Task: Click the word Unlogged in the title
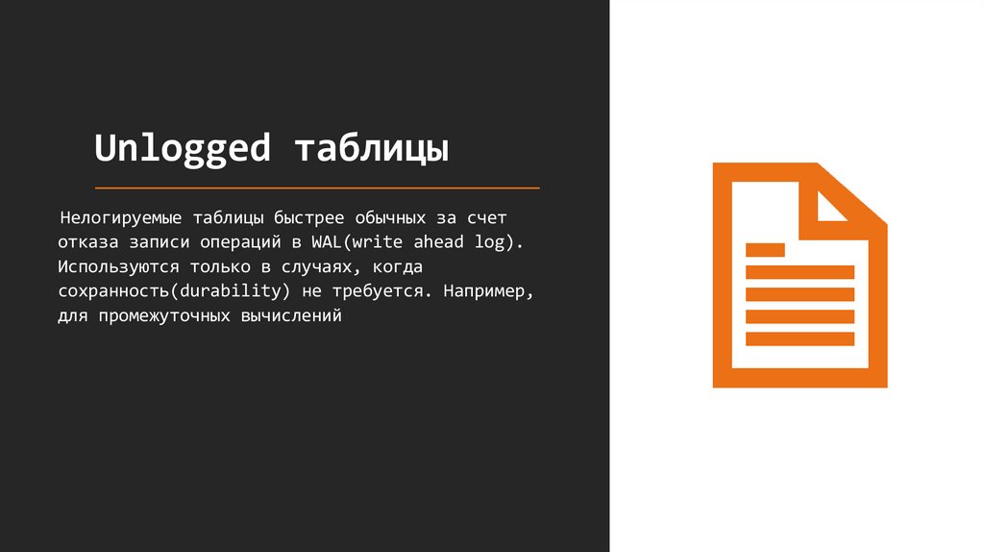point(183,150)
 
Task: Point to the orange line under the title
point(317,188)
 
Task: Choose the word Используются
point(109,266)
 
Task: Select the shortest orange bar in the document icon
point(765,249)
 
